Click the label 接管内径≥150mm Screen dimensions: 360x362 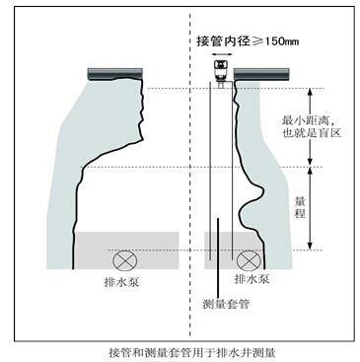(248, 41)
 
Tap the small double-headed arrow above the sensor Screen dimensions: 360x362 (220, 54)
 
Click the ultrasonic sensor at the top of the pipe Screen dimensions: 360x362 (220, 74)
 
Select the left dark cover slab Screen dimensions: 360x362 (115, 74)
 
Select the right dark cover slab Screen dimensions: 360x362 (261, 74)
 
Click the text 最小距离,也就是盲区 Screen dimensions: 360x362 (312, 126)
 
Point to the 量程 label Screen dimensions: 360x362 (300, 207)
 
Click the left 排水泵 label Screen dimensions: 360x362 (121, 282)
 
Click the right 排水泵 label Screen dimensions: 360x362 (252, 279)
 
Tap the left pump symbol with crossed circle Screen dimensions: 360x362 (125, 260)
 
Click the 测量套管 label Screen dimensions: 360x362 (226, 304)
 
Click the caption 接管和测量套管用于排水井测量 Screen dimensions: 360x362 (192, 353)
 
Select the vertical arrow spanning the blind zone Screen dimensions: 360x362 (310, 126)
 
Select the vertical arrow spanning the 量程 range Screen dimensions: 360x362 (310, 208)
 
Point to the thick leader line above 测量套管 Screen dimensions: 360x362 (217, 256)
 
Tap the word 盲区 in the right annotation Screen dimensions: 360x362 (329, 133)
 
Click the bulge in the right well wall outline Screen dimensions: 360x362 (258, 194)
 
